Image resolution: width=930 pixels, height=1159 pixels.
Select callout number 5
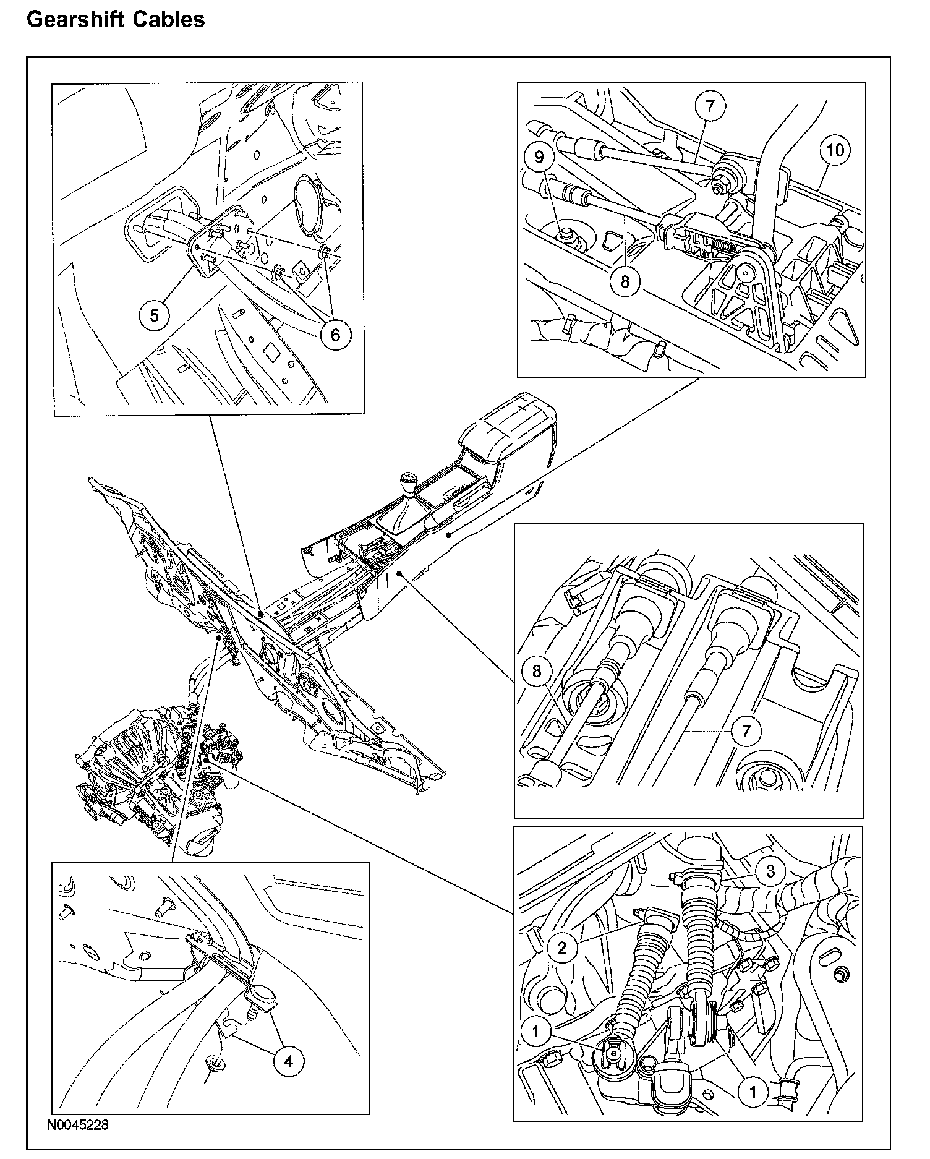[154, 315]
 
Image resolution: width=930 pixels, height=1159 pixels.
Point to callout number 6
[335, 335]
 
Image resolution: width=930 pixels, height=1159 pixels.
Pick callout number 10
[835, 150]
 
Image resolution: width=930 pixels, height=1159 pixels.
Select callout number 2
[562, 947]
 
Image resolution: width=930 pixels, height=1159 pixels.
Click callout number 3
[770, 872]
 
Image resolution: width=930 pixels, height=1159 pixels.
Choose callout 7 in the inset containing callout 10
[710, 106]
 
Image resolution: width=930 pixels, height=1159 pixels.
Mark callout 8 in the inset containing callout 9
[625, 281]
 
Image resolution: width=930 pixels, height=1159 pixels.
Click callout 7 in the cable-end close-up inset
[746, 732]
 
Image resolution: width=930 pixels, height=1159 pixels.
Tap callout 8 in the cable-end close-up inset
[537, 671]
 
